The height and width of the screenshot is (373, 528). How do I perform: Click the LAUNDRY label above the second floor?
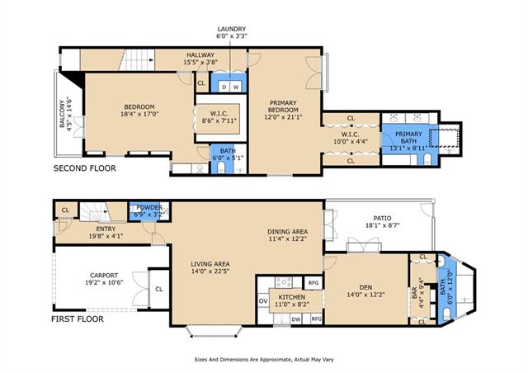(x=231, y=29)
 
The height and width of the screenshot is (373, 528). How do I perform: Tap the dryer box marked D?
(x=224, y=87)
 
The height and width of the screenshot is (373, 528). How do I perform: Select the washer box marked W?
(x=236, y=87)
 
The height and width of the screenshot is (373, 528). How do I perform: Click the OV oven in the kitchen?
(x=263, y=301)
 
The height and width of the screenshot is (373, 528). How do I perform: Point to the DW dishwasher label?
(x=296, y=319)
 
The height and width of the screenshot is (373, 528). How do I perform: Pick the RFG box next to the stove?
(x=313, y=283)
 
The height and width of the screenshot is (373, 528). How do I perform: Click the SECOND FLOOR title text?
(x=84, y=168)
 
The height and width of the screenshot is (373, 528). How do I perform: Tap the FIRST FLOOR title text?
(x=78, y=319)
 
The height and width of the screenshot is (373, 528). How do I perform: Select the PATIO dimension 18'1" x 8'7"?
(x=382, y=225)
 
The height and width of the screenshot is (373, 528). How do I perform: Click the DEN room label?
(x=365, y=287)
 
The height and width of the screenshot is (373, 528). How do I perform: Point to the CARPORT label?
(x=104, y=276)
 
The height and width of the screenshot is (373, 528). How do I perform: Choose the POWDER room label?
(x=149, y=207)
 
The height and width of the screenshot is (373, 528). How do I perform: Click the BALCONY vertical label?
(x=62, y=114)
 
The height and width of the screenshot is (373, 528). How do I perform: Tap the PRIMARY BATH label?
(x=409, y=138)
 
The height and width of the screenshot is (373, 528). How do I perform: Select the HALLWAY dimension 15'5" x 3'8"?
(x=200, y=62)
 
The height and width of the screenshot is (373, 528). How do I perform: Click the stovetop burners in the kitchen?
(x=284, y=281)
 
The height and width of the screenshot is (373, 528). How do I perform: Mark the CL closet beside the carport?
(x=159, y=289)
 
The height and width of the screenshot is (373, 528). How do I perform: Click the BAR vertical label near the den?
(x=414, y=292)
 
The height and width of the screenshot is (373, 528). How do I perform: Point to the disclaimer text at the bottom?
(x=264, y=360)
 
